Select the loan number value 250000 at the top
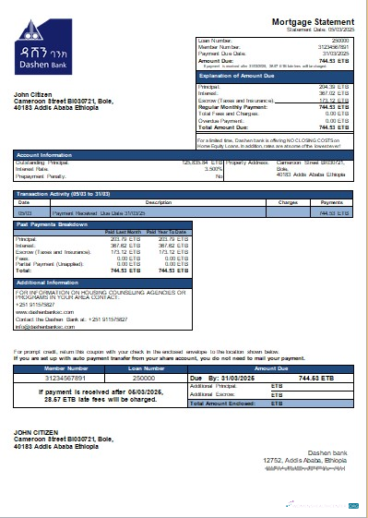click(x=339, y=41)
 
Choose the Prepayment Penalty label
click(x=42, y=175)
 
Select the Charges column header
click(x=286, y=201)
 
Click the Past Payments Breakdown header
click(x=53, y=224)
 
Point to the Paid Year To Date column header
click(x=165, y=232)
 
